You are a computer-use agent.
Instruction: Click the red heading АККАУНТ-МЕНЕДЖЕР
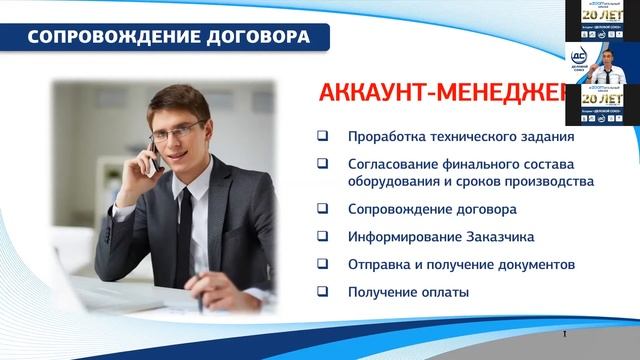coord(440,93)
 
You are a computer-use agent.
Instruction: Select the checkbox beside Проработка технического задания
coord(322,137)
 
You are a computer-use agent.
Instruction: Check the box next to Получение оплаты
coord(322,293)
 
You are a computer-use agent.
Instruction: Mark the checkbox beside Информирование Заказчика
coord(322,238)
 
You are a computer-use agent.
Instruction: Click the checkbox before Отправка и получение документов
coord(322,265)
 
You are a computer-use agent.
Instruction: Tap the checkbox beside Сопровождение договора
coord(322,210)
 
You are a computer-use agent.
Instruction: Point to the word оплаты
coord(444,293)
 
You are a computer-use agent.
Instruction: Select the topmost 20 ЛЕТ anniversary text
coord(603,17)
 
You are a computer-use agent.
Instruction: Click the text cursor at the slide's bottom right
coord(566,333)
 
